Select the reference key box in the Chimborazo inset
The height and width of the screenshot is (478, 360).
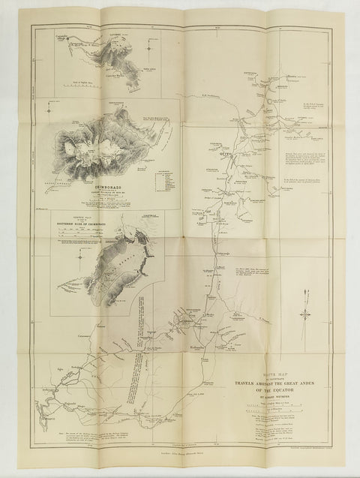pyautogui.click(x=160, y=180)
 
